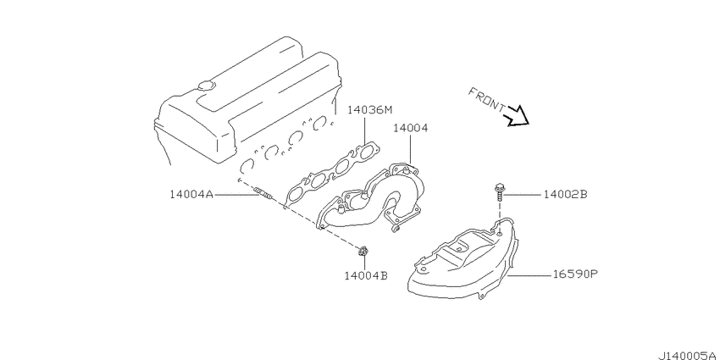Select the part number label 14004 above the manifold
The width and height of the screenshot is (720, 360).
(410, 128)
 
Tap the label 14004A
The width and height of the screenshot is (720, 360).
(191, 195)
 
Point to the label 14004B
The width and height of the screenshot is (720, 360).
(366, 275)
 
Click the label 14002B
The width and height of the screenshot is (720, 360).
(565, 195)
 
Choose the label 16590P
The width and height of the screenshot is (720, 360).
(575, 274)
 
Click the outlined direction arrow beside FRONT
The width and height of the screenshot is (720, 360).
(517, 116)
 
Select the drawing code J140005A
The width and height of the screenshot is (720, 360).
(688, 356)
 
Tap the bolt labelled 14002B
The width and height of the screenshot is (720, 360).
(499, 192)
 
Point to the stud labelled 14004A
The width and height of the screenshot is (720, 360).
(264, 194)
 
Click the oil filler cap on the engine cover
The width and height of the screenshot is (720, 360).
(206, 86)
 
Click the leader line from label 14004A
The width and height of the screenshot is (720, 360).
(235, 195)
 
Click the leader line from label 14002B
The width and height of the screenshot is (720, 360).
(522, 195)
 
